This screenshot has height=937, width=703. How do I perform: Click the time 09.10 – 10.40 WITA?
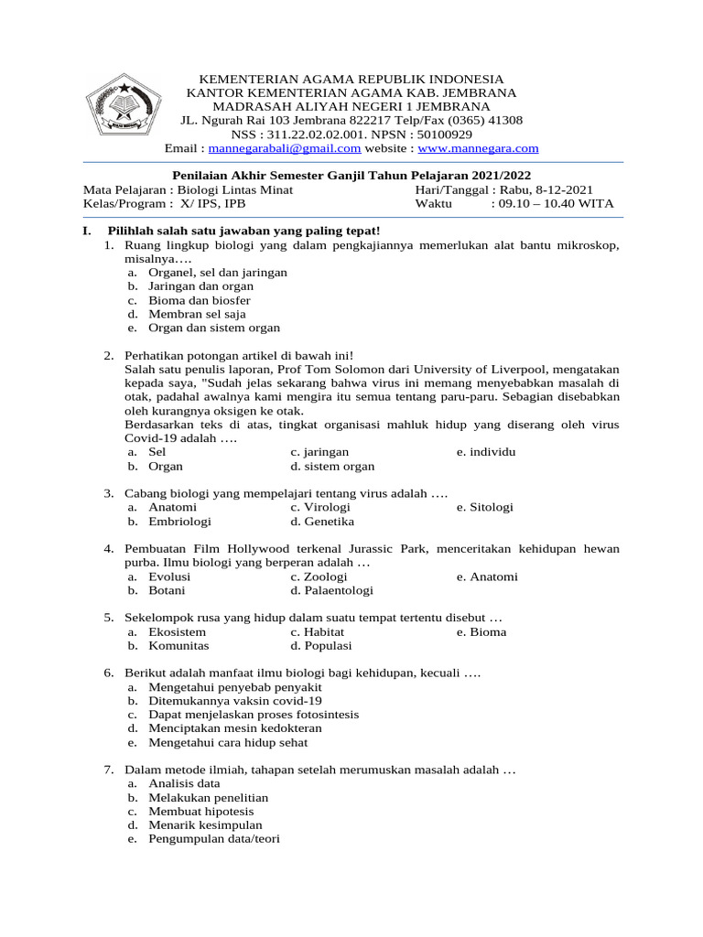point(552,203)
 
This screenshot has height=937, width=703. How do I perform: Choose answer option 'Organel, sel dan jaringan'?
point(218,273)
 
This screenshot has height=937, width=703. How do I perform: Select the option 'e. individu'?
point(486,452)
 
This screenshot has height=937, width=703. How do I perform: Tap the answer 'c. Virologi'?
point(320,507)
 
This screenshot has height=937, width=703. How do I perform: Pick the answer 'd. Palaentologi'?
point(331,591)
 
